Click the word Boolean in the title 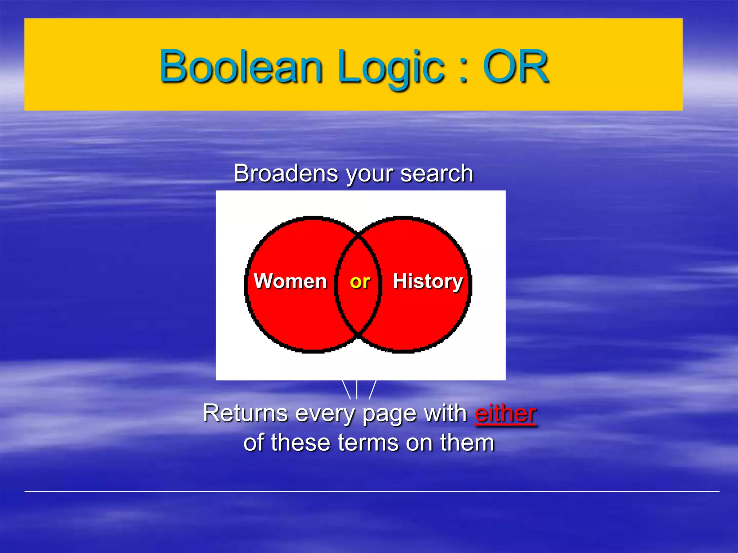click(241, 67)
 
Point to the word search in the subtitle click(436, 174)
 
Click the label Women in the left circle click(290, 281)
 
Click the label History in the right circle click(428, 281)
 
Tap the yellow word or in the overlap click(360, 282)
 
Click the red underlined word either click(505, 413)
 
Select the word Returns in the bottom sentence click(245, 413)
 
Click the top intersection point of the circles click(358, 233)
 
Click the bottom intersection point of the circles click(358, 336)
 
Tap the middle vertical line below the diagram click(356, 390)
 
